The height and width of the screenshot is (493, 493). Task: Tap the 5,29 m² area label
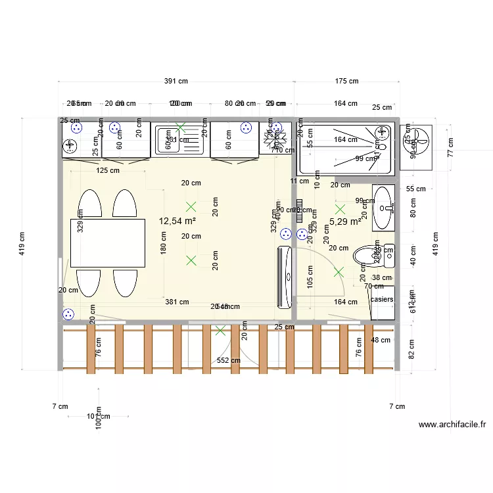point(345,222)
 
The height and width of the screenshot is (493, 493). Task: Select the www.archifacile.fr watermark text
point(452,425)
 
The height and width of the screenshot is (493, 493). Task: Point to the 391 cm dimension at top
point(176,82)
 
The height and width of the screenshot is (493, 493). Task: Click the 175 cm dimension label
point(346,82)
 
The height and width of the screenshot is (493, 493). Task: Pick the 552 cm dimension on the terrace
point(228,360)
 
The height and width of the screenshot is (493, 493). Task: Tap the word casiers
point(382,300)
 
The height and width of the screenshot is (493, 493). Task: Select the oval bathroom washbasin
point(383,207)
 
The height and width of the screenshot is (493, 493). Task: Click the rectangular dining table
point(108,243)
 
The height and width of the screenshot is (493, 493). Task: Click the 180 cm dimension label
point(164,244)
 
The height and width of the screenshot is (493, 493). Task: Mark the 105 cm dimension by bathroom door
point(310,278)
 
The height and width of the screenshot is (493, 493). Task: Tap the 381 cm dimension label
point(177,302)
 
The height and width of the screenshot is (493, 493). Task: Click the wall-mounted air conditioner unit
point(285,277)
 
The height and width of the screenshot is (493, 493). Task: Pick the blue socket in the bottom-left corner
point(69,314)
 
